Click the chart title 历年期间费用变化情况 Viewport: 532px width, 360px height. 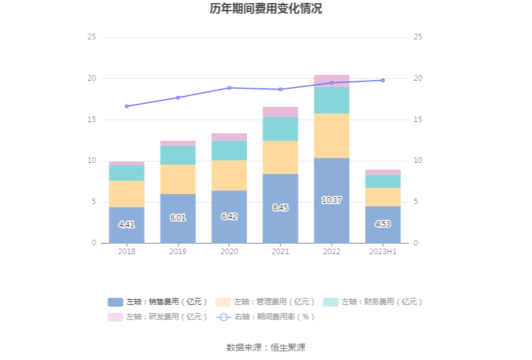[266, 9]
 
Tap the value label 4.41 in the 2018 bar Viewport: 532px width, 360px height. [126, 224]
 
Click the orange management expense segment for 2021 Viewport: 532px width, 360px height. [280, 157]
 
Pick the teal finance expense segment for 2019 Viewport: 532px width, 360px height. [178, 155]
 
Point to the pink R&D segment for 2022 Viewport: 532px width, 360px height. [332, 81]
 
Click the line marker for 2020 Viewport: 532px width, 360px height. [229, 88]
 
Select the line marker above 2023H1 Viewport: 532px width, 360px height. [383, 80]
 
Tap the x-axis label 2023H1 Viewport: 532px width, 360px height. [383, 251]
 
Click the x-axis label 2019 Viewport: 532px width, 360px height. [178, 251]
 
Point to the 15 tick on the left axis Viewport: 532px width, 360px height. [91, 120]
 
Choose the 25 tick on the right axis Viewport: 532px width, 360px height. [418, 37]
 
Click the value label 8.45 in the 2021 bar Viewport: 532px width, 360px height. [280, 207]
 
